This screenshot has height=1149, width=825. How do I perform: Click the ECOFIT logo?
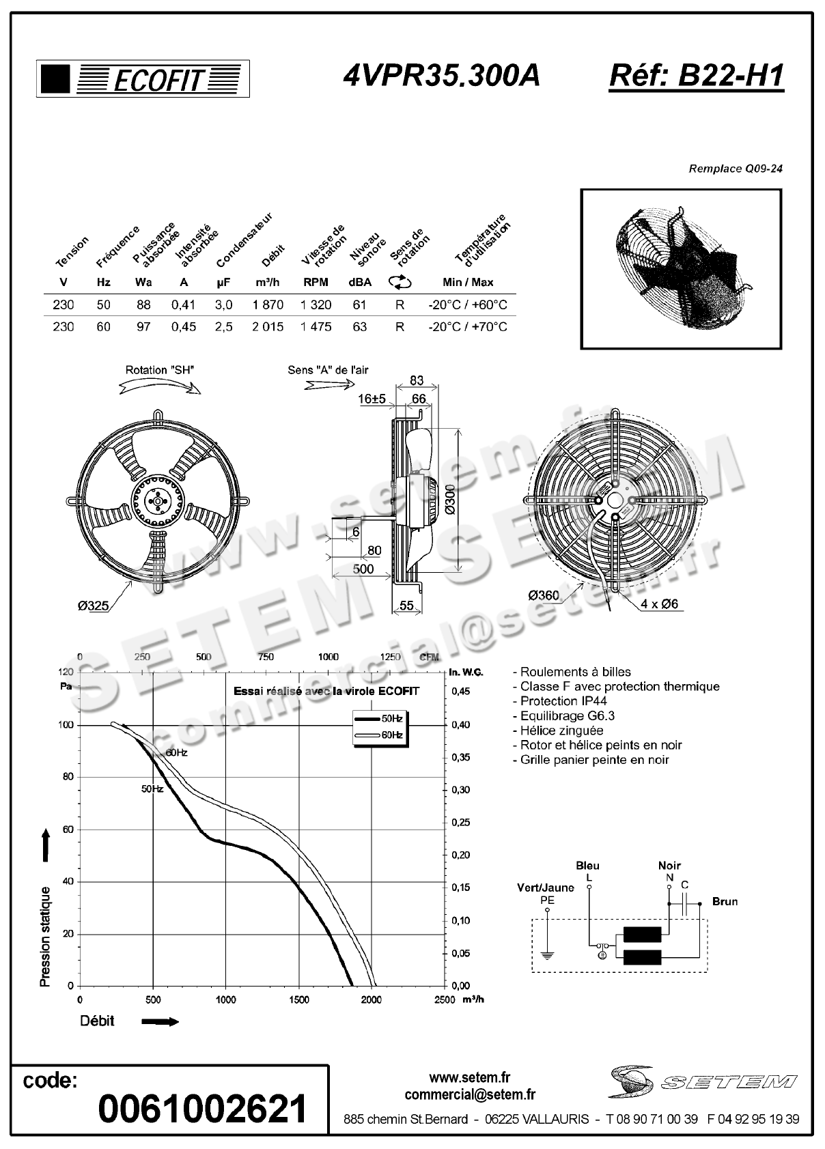point(143,79)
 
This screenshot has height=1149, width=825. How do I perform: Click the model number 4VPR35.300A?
point(441,76)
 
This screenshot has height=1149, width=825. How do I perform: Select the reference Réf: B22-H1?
point(696,76)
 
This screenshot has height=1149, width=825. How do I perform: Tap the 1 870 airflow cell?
point(268,305)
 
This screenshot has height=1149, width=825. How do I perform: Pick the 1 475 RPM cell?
point(316,327)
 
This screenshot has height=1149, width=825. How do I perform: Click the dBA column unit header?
point(359,283)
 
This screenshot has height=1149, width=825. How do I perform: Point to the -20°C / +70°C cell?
point(468,327)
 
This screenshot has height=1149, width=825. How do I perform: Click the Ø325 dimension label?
point(93,606)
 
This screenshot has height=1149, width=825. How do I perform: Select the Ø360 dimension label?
point(544,595)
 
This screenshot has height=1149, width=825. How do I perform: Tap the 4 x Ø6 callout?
point(659,604)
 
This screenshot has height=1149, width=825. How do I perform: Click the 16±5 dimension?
point(372,399)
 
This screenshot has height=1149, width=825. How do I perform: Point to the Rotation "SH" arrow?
point(160,387)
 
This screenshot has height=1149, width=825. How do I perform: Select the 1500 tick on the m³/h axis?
point(298,999)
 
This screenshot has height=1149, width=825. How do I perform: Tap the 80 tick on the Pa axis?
point(68,777)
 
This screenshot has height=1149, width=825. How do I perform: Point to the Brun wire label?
point(725,902)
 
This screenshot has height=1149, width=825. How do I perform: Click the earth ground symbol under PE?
point(546,954)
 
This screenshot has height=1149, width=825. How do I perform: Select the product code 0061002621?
point(203,1109)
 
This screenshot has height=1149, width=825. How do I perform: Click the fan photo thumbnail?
point(680,269)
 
